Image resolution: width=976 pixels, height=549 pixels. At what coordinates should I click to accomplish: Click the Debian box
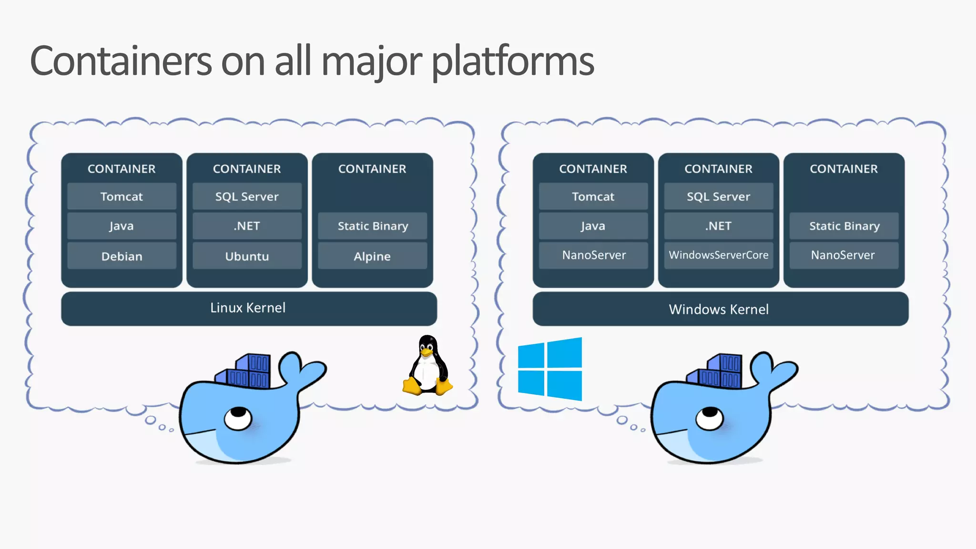[122, 256]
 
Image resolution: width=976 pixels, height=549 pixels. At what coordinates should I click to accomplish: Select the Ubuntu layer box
[247, 256]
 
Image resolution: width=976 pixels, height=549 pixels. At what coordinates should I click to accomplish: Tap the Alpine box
[372, 256]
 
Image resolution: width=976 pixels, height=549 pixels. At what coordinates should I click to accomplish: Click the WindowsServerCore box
[718, 255]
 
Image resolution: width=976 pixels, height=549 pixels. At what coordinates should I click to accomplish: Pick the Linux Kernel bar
[248, 308]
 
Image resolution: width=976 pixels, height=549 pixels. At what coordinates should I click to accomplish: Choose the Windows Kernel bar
[720, 309]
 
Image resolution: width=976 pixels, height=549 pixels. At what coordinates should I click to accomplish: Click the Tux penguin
[427, 366]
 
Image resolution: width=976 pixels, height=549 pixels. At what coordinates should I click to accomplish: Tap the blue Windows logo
[550, 369]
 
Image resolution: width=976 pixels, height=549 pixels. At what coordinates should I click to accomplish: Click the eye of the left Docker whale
[238, 417]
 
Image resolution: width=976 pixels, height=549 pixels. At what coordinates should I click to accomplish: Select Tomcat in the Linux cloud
[122, 197]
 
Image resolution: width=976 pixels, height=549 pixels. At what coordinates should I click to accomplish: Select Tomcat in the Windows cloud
[593, 197]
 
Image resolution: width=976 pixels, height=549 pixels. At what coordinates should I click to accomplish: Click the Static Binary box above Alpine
[372, 226]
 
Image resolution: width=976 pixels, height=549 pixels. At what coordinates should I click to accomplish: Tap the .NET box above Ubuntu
[247, 226]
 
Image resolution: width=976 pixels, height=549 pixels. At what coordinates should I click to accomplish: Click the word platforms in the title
[513, 62]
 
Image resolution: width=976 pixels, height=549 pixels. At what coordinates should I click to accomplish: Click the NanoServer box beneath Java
[593, 255]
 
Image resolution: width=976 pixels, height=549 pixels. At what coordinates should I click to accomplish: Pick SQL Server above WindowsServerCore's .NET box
[718, 197]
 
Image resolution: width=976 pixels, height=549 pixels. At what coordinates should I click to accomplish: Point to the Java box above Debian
[122, 226]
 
